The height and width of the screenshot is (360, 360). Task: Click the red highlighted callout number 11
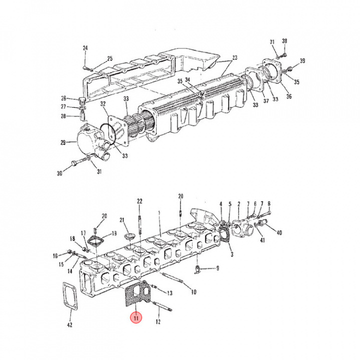(x=135, y=317)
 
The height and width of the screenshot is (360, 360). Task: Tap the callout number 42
(x=69, y=325)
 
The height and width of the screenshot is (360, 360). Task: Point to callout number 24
(x=85, y=48)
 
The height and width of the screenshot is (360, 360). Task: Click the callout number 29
(x=63, y=142)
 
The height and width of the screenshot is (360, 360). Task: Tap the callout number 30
(x=59, y=173)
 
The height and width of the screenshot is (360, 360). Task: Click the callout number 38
(x=284, y=41)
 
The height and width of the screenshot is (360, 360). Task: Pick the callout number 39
(x=302, y=61)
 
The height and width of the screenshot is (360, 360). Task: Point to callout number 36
(x=288, y=96)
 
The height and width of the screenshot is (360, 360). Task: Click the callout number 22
(x=139, y=201)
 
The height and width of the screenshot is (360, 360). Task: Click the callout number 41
(x=262, y=241)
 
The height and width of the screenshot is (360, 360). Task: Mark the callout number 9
(x=217, y=268)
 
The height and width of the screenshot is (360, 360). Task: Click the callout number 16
(x=55, y=255)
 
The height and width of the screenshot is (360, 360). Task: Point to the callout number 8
(x=268, y=203)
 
